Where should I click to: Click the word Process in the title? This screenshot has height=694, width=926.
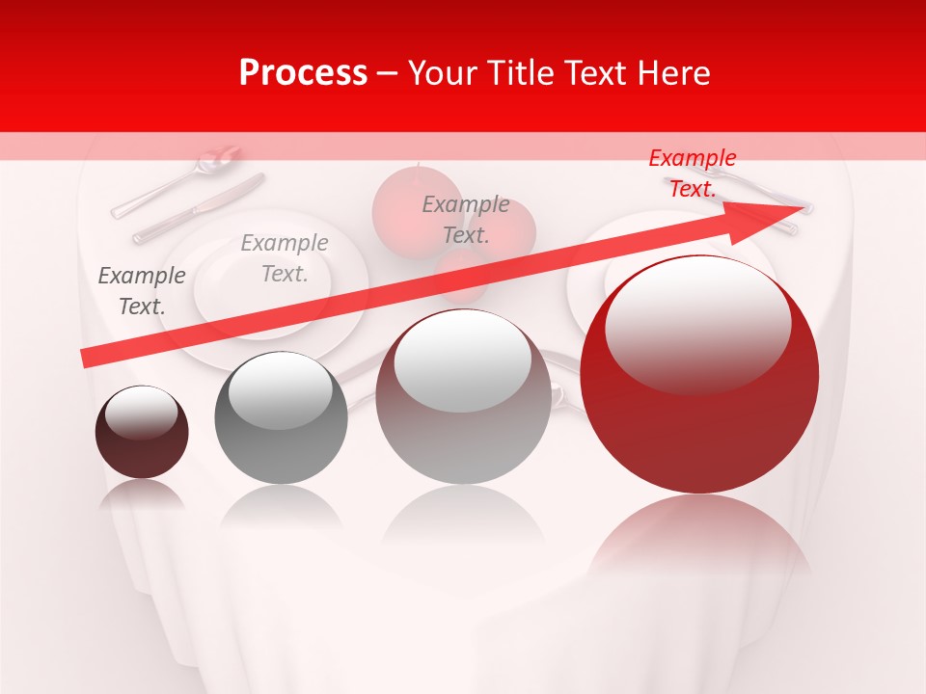303,73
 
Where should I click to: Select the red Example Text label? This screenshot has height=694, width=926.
692,173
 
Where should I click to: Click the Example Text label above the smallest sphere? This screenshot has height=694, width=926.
142,290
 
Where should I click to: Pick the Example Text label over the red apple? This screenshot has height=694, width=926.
466,219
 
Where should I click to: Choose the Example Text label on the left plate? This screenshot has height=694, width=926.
285,258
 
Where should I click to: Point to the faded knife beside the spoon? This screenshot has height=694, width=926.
198,208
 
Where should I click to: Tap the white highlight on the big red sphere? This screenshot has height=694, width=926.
697,323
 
